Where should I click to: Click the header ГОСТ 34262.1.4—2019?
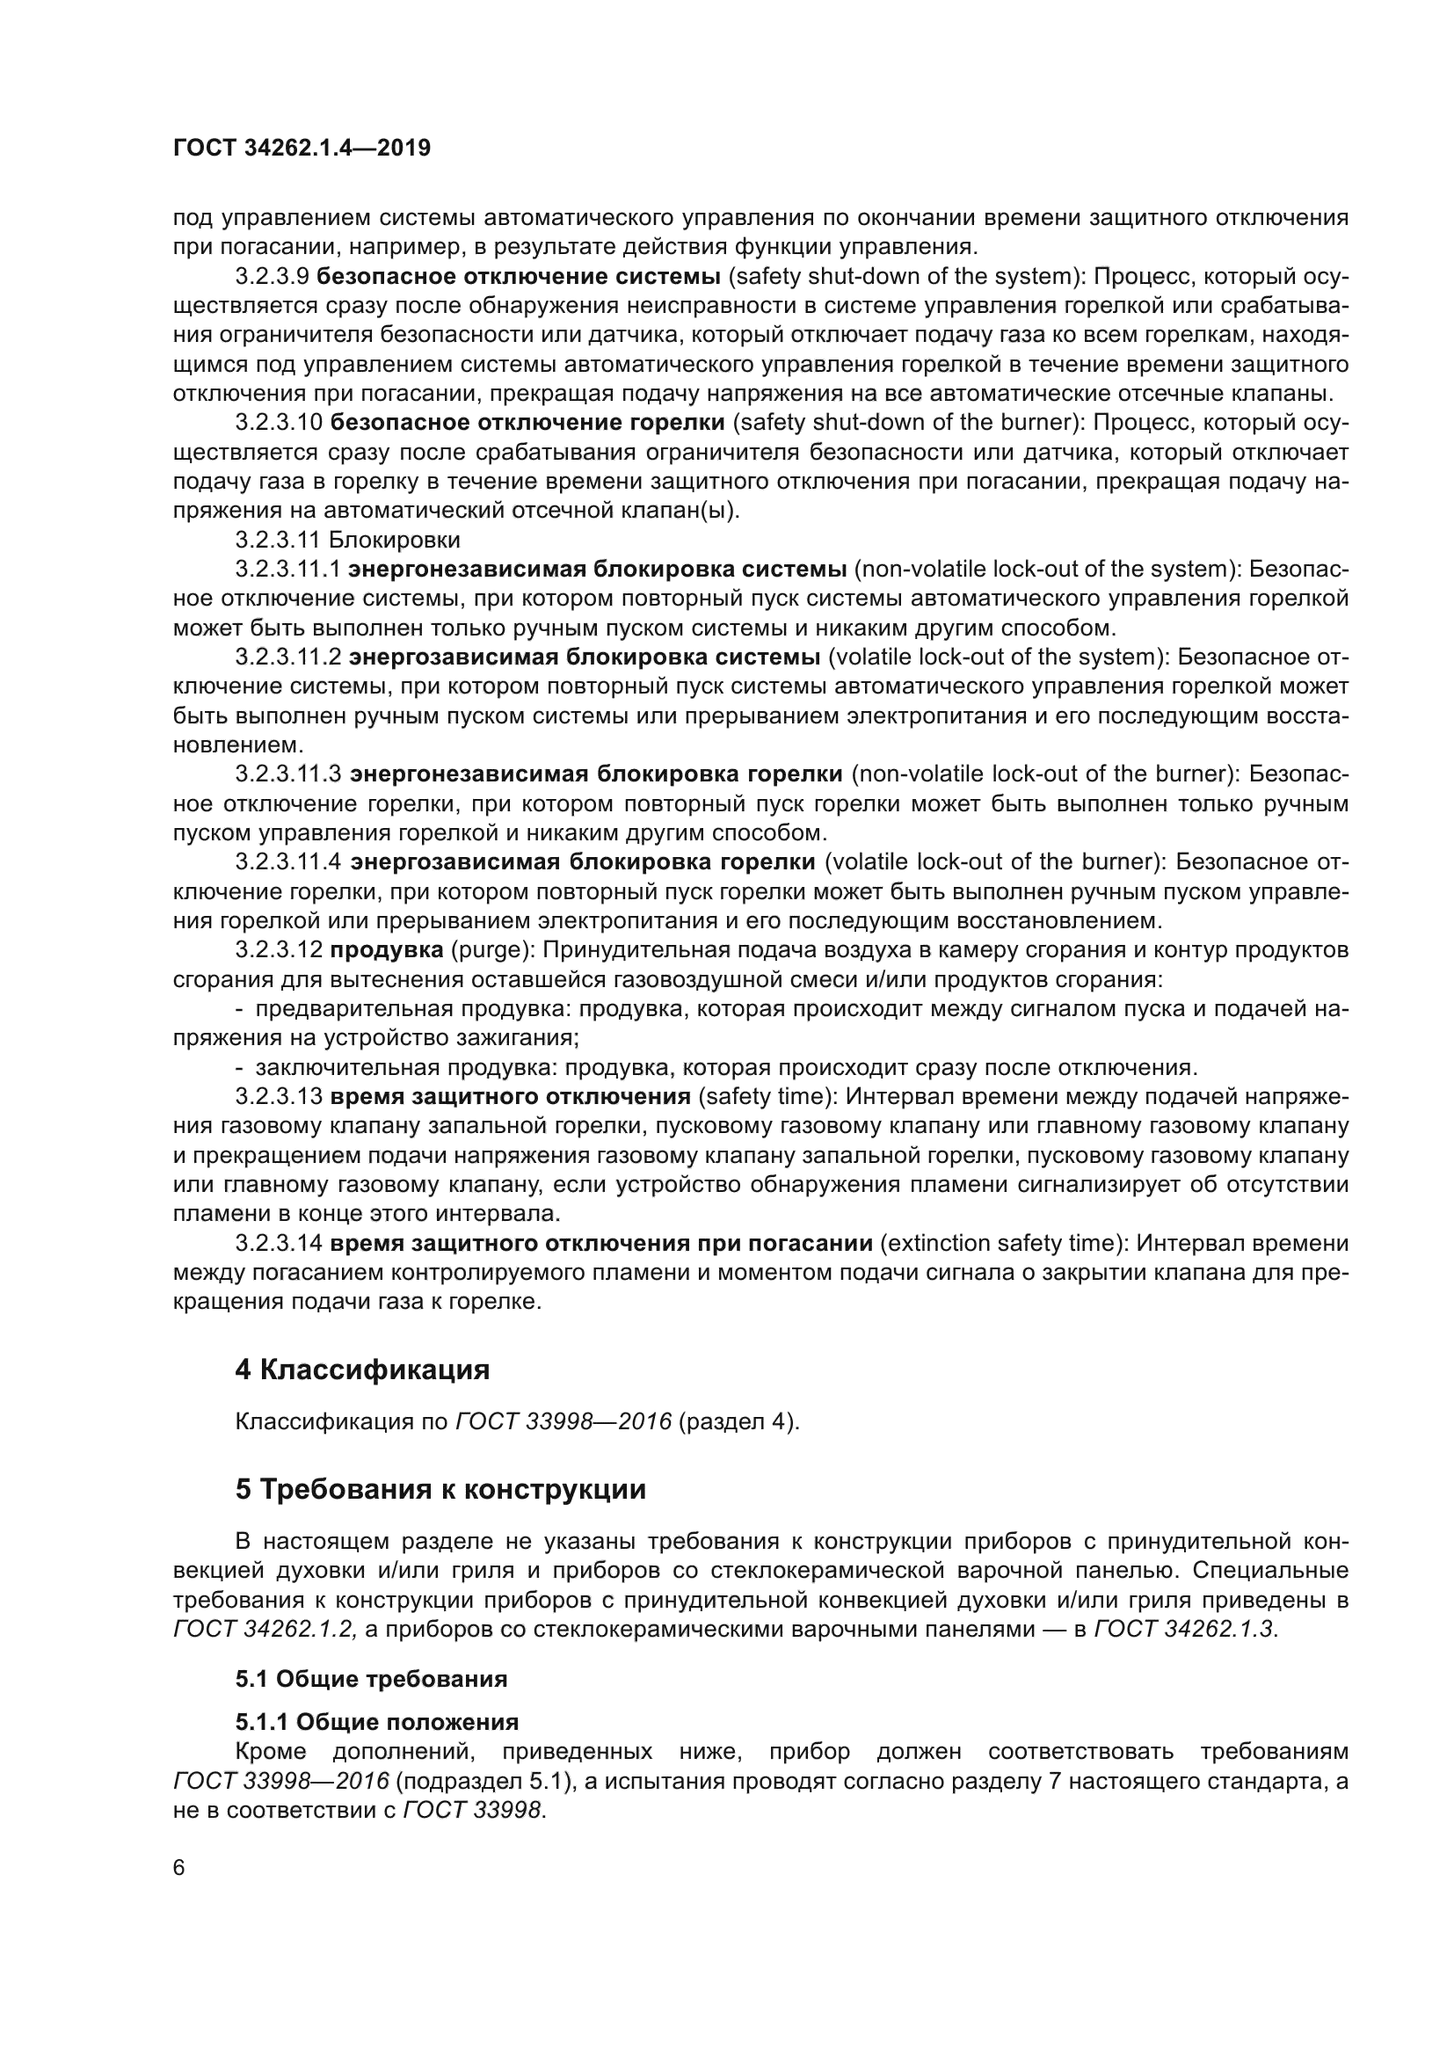click(302, 149)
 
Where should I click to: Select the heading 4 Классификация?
click(362, 1370)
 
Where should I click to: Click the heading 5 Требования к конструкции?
click(440, 1489)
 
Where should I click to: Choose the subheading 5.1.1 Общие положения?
click(377, 1722)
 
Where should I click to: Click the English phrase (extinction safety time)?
click(1001, 1243)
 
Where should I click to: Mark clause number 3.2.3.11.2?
click(288, 657)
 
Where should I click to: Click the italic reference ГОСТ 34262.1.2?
click(265, 1629)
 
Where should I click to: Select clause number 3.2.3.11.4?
click(288, 862)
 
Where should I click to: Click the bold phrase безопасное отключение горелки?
click(527, 423)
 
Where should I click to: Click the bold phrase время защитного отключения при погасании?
click(600, 1243)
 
